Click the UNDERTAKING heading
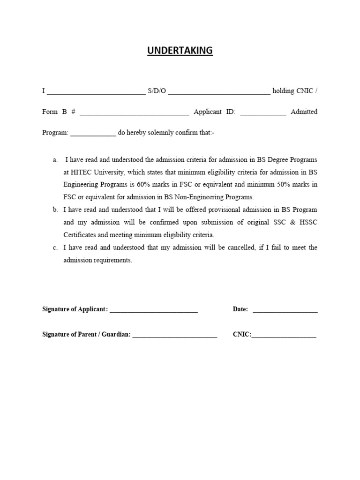[180, 51]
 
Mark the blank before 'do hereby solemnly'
[93, 135]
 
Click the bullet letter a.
[55, 160]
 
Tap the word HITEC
[83, 172]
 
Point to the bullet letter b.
[55, 210]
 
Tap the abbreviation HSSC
[308, 222]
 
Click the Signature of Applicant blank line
[154, 311]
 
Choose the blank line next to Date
[285, 311]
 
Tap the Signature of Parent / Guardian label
[86, 335]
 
